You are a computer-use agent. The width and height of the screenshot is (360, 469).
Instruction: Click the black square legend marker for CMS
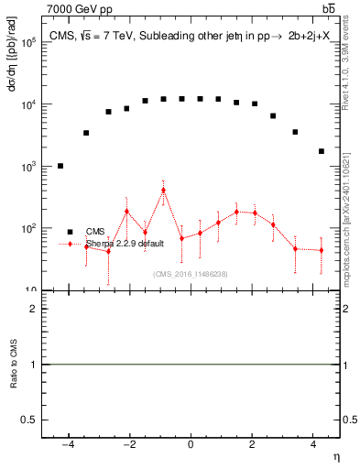[70, 232]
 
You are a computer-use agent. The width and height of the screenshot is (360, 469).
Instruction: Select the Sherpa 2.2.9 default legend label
[125, 244]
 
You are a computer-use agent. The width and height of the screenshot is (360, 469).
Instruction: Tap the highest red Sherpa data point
[163, 191]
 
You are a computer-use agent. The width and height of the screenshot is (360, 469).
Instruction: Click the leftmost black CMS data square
[60, 166]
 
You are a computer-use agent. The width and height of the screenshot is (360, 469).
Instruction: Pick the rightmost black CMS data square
[322, 151]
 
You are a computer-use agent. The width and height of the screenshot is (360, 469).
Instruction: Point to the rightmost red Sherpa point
[322, 250]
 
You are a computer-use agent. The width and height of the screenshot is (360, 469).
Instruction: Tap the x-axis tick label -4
[68, 445]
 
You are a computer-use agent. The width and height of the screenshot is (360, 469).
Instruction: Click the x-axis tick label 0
[191, 445]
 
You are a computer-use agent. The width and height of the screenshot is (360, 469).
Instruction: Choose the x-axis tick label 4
[313, 445]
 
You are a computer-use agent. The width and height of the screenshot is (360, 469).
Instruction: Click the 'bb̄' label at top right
[329, 8]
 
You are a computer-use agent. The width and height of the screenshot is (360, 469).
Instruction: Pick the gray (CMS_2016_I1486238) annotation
[190, 274]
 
